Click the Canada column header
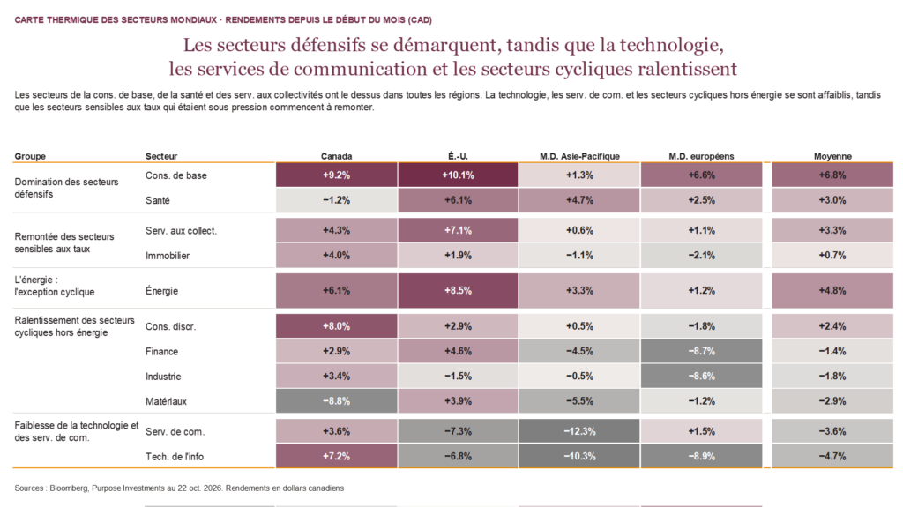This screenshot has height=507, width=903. pos(336,156)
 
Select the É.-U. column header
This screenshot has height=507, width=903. pos(458,156)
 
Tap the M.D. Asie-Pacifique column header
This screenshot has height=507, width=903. pos(579,156)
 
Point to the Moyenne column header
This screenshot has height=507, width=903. pos(832,156)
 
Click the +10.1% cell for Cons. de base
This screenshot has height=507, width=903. pos(458,175)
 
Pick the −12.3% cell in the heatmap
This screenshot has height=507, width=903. pos(579,431)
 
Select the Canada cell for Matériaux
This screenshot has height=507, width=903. pos(336,401)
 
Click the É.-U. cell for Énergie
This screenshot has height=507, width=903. pos(458,291)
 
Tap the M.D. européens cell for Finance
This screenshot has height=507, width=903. pos(701,351)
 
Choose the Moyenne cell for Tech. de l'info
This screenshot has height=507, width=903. pos(832,457)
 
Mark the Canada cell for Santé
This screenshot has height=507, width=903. pos(336,200)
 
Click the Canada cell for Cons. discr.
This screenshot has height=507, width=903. pos(336,326)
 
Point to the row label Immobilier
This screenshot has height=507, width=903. pos(168,256)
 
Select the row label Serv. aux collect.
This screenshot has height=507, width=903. pos(182,231)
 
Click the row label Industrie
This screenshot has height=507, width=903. pos(163,377)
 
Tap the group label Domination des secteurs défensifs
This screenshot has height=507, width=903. pos(66,188)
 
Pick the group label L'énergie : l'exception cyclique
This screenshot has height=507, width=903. pos(54,286)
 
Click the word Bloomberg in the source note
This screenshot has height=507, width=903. pos(69,488)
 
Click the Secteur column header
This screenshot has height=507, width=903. pos(161,156)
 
